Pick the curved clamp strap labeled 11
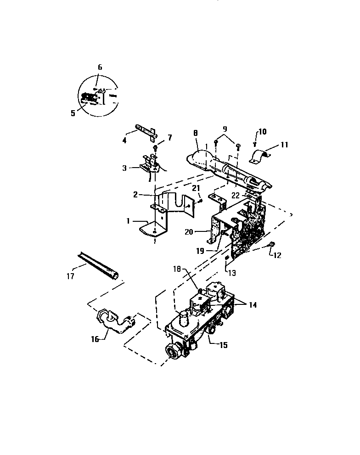click(259, 156)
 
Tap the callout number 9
click(225, 129)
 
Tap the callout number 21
click(196, 189)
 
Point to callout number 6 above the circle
click(100, 67)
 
